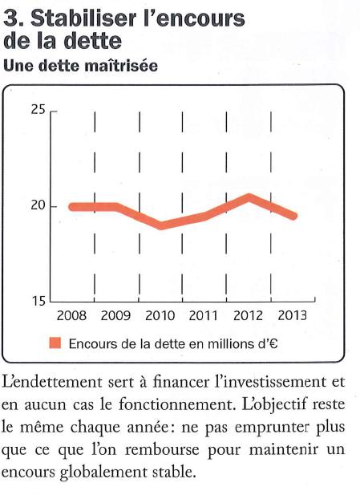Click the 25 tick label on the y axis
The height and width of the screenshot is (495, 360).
(38, 110)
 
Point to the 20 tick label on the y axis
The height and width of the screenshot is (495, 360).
(38, 205)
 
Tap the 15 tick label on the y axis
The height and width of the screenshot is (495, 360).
(38, 301)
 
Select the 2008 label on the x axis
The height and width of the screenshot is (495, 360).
(71, 315)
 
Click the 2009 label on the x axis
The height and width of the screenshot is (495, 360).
(115, 315)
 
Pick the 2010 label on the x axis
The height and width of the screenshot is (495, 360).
(160, 315)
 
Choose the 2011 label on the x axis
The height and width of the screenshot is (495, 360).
(204, 315)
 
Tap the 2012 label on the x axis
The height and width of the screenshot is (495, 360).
(248, 315)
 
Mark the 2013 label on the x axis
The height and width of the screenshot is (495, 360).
(292, 315)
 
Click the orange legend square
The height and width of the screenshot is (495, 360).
(55, 343)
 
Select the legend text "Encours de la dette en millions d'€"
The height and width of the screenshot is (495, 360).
(173, 343)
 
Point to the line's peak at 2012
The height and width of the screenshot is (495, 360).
(249, 197)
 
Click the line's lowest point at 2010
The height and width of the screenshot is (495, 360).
(161, 225)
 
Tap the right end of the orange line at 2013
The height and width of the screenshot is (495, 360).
(294, 217)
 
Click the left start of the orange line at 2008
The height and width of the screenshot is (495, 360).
(73, 207)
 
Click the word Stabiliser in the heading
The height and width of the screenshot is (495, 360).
(84, 18)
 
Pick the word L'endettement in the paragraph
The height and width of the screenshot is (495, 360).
(52, 382)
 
